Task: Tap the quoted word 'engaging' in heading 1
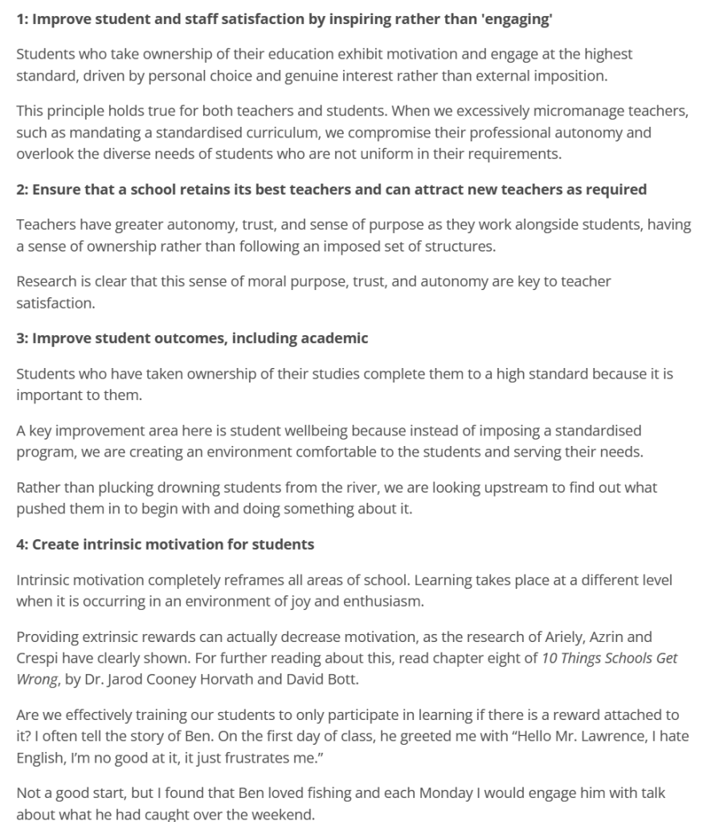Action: pyautogui.click(x=517, y=20)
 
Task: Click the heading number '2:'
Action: pyautogui.click(x=23, y=190)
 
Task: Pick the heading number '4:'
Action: pyautogui.click(x=23, y=544)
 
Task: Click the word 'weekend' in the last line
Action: pyautogui.click(x=280, y=813)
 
